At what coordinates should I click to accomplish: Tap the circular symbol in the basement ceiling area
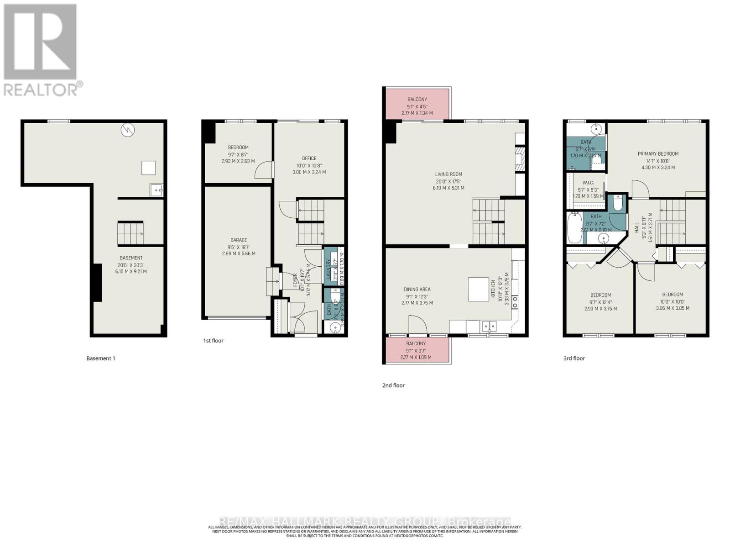tap(128, 130)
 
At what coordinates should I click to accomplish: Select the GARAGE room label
tap(238, 240)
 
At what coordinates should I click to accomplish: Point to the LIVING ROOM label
tap(448, 174)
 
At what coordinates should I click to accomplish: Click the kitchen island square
tap(478, 289)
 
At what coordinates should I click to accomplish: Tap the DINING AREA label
tap(417, 290)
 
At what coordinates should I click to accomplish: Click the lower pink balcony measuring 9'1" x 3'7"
tap(416, 350)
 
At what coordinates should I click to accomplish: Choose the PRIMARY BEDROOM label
tap(658, 154)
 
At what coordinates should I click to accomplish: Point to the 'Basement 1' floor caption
tap(101, 358)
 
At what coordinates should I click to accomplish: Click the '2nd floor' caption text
tap(393, 385)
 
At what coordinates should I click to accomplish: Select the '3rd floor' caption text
tap(574, 358)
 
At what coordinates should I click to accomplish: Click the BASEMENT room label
tap(131, 258)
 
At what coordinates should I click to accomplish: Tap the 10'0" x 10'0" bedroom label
tap(673, 295)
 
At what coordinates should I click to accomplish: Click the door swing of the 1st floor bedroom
tap(263, 170)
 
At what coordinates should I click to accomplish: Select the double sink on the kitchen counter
tap(489, 326)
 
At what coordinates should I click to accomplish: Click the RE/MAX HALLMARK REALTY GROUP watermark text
tap(365, 522)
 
